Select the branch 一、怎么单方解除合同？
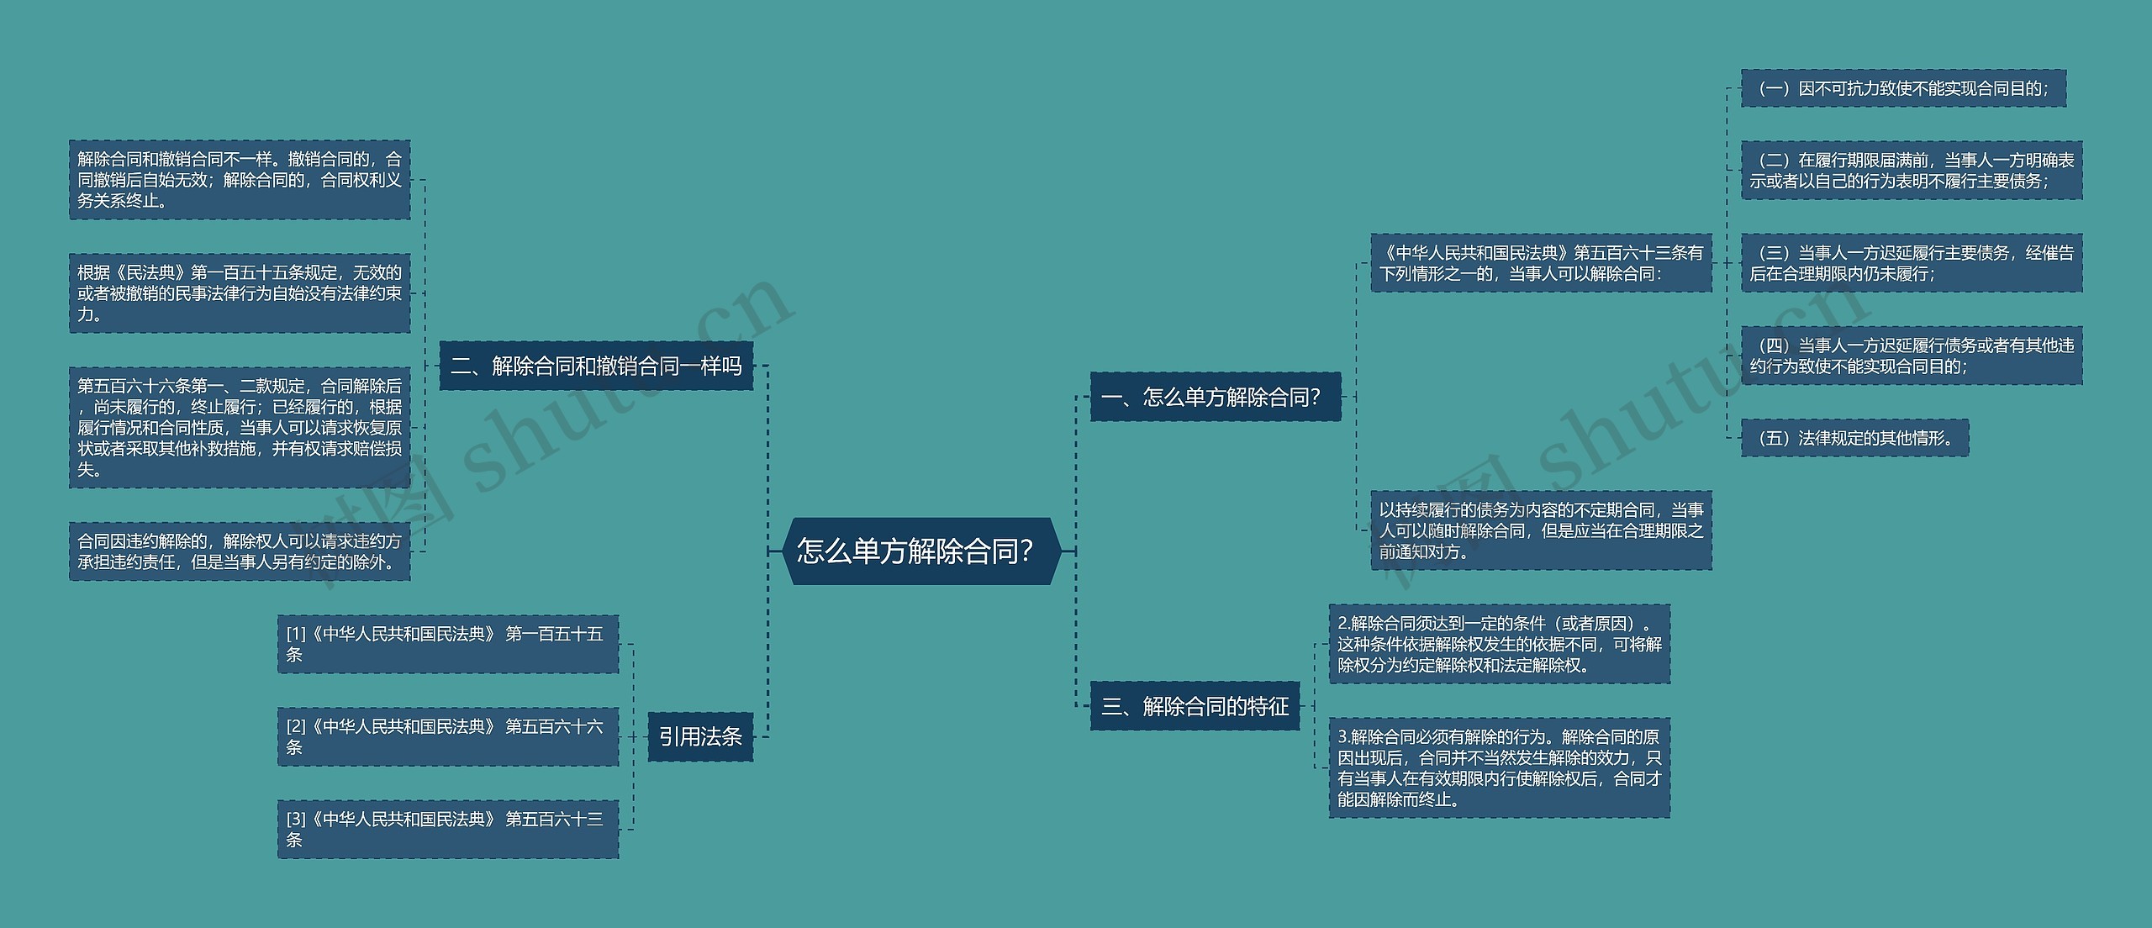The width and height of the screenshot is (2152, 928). tap(1215, 397)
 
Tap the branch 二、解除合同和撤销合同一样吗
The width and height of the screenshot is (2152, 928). tap(596, 366)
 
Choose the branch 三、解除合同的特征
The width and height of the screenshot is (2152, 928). tap(1195, 706)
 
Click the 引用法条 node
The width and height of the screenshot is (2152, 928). tap(700, 737)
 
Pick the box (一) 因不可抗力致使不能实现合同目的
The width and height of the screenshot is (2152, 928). tap(1903, 88)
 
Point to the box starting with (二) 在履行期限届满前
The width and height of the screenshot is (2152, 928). tap(1912, 171)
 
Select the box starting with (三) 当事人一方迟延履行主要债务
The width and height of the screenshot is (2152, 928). tap(1912, 263)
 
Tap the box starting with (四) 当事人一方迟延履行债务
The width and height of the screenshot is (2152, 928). tap(1912, 356)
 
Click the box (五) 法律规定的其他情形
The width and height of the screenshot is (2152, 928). tap(1854, 438)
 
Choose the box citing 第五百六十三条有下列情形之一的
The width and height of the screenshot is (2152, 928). tap(1541, 263)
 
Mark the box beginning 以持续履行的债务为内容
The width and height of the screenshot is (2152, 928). tap(1541, 530)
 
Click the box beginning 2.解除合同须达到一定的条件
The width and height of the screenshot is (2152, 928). tap(1499, 644)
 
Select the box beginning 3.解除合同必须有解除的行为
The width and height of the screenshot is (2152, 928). tap(1499, 767)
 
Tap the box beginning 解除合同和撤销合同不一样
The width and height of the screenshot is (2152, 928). tap(240, 180)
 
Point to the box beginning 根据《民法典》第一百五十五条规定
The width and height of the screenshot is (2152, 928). tap(240, 293)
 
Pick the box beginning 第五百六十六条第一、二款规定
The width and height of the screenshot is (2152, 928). tap(240, 427)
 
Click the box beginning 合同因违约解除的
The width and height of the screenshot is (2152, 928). tap(240, 551)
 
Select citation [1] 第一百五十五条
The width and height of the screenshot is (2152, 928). tap(448, 644)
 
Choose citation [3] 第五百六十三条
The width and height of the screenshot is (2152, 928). tap(448, 829)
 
